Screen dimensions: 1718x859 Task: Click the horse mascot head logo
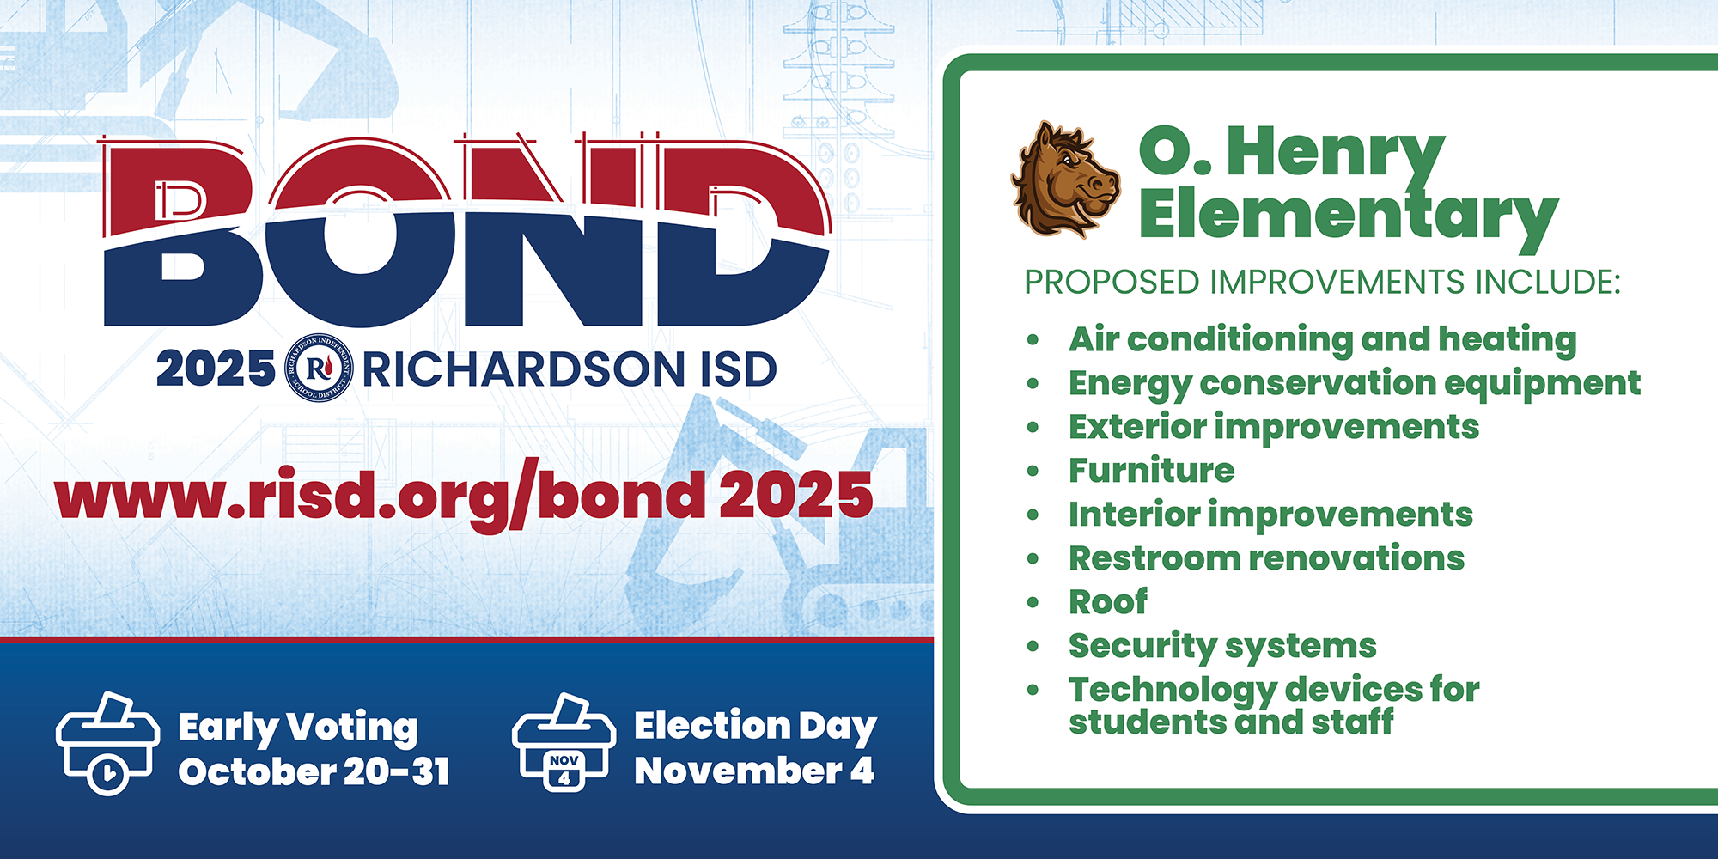1066,180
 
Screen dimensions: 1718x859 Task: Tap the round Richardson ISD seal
319,368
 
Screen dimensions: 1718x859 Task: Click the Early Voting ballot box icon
107,742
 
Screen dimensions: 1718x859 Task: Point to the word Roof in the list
1107,602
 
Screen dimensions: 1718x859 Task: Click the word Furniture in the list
1151,471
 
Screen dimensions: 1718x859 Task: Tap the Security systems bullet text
1222,647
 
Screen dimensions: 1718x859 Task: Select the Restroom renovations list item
1266,558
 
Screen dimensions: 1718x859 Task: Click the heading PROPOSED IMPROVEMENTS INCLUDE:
1322,283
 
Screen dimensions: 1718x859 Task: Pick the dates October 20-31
314,771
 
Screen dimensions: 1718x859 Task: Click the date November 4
754,771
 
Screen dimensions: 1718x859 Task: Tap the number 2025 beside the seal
216,369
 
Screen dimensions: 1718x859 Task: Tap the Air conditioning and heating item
1323,340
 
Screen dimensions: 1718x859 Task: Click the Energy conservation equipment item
1355,384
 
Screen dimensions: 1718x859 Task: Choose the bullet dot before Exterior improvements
1033,428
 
